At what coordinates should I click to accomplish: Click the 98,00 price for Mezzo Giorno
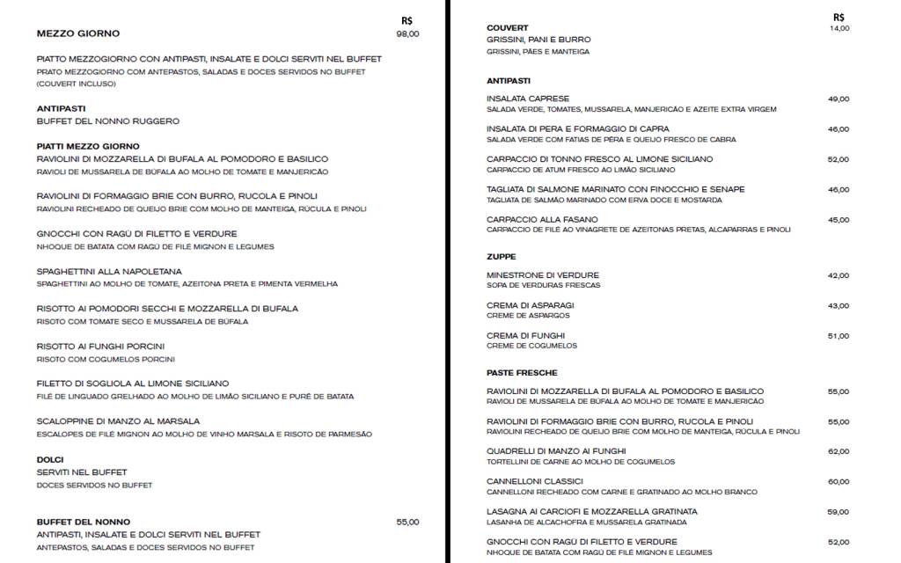[x=407, y=33]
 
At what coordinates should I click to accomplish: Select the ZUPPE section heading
[x=502, y=257]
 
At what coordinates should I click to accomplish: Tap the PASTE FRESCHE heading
[x=522, y=373]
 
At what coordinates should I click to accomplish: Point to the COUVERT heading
[x=508, y=28]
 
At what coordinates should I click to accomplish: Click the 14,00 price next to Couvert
[x=839, y=28]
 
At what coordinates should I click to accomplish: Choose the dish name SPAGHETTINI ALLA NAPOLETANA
[x=109, y=272]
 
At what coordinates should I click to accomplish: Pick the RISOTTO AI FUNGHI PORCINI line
[x=100, y=347]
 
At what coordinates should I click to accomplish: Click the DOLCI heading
[x=50, y=460]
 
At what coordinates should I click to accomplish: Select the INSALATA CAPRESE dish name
[x=528, y=99]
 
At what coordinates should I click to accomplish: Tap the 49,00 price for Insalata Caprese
[x=839, y=99]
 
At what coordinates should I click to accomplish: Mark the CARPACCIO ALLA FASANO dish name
[x=542, y=219]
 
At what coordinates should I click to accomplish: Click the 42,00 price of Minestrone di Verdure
[x=839, y=275]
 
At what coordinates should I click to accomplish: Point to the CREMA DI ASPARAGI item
[x=530, y=305]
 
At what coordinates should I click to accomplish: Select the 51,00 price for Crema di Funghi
[x=839, y=336]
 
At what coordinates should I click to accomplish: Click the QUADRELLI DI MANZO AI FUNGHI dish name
[x=556, y=451]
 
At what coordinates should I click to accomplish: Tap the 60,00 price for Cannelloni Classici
[x=839, y=481]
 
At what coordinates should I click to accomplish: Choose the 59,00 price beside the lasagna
[x=839, y=512]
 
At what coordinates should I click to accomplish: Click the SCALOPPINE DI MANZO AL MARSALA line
[x=118, y=421]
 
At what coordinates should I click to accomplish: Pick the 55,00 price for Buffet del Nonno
[x=407, y=522]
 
